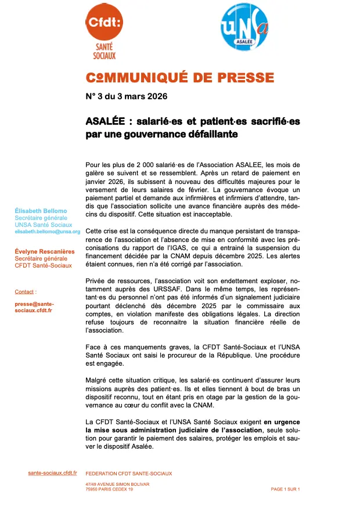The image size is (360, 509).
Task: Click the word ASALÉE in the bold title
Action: [105, 121]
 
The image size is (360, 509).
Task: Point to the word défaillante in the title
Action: [210, 133]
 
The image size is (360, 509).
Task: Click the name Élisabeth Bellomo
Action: [41, 211]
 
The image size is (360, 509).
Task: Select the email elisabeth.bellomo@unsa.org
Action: [48, 232]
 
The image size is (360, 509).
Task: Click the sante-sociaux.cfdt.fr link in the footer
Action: [52, 473]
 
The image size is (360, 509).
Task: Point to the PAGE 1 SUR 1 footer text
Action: [285, 489]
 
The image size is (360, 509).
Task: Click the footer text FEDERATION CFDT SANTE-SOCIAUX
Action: [128, 474]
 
